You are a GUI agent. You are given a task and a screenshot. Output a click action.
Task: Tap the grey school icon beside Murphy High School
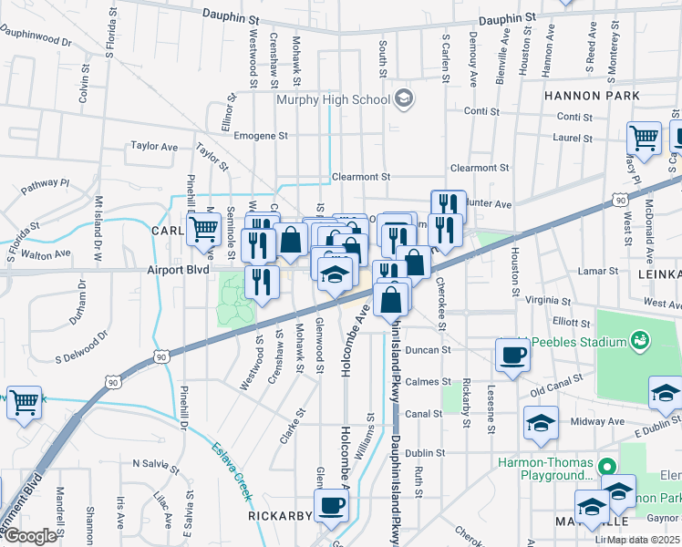(403, 98)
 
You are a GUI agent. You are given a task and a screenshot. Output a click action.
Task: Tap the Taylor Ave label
(154, 146)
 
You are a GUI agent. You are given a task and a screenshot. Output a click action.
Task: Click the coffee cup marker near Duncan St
(512, 355)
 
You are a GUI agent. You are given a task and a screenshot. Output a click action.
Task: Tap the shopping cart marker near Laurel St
(643, 139)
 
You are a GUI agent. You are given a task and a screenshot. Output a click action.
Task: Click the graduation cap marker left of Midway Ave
(541, 422)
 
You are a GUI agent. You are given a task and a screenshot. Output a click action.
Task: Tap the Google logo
(30, 536)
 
